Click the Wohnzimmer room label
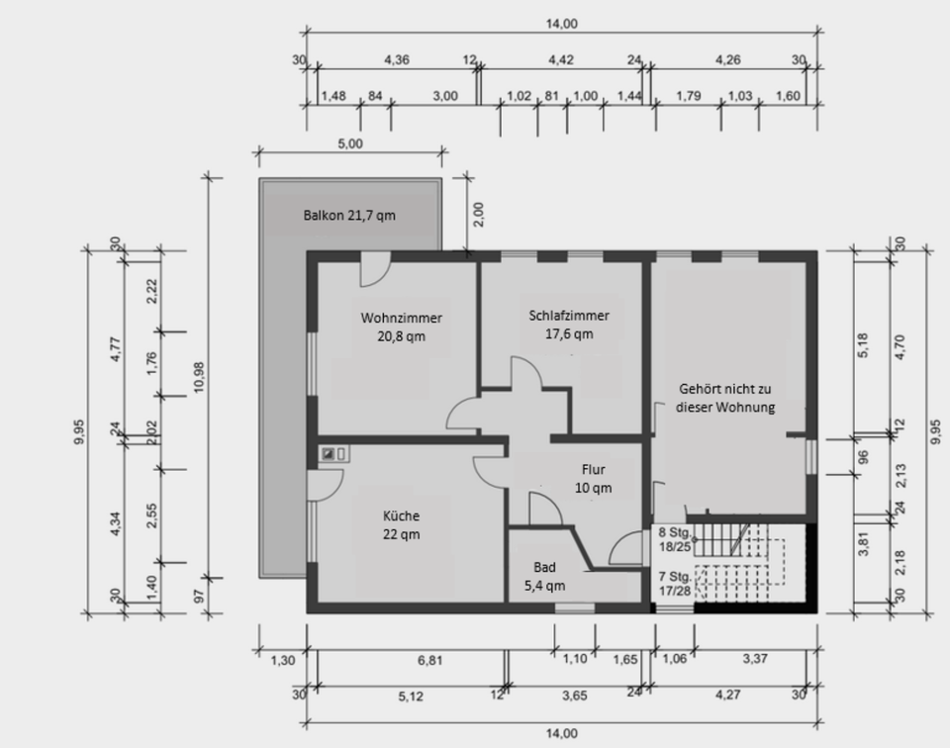tap(401, 327)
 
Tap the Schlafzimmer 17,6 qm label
tap(569, 325)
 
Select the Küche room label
tap(401, 524)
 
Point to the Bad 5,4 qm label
tap(544, 576)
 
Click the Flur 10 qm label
tap(593, 479)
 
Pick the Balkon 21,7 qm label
tap(349, 216)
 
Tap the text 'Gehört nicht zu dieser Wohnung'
tap(725, 398)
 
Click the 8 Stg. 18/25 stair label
tap(675, 539)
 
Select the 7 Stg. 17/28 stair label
tap(675, 583)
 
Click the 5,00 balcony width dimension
tap(350, 144)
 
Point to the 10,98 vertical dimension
tap(199, 377)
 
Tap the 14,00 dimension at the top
tap(562, 24)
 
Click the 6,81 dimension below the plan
tap(429, 660)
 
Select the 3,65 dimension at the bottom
tap(574, 696)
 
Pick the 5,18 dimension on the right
tap(863, 345)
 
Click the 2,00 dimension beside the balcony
tap(478, 215)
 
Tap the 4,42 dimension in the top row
tap(561, 60)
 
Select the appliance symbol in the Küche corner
tap(333, 453)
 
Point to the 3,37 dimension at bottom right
tap(755, 658)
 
